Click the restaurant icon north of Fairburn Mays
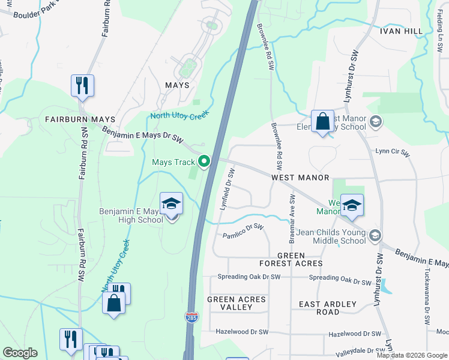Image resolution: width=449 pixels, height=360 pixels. [x=82, y=85]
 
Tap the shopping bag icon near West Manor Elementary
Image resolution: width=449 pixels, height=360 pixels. [x=322, y=122]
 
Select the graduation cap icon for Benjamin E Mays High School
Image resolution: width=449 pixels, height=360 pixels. [x=171, y=205]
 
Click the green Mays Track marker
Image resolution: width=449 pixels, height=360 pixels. [x=204, y=161]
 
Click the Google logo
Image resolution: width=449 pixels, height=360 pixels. [x=20, y=353]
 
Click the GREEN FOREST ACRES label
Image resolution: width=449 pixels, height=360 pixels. [x=291, y=259]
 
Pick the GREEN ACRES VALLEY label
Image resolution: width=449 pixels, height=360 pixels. [x=229, y=303]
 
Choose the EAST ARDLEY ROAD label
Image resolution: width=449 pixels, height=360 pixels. [x=328, y=308]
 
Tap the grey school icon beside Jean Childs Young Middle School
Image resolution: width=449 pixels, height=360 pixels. [x=376, y=235]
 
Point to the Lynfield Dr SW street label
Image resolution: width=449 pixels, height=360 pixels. [x=226, y=188]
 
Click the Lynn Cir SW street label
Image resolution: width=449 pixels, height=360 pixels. [x=393, y=154]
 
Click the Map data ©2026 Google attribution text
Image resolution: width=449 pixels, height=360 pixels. [x=412, y=355]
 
